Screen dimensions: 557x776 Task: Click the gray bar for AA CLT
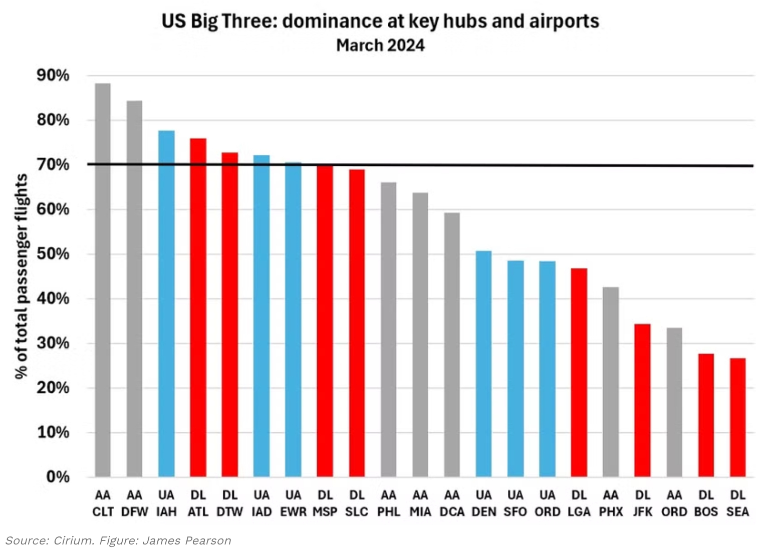tap(103, 281)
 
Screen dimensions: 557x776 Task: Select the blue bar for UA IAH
tap(166, 304)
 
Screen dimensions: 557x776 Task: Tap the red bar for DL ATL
tap(198, 308)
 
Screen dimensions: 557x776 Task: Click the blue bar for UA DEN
tap(483, 364)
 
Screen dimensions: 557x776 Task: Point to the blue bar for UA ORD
tap(547, 369)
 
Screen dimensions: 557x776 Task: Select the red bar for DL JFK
tap(642, 400)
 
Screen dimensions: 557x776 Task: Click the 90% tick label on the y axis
tap(53, 76)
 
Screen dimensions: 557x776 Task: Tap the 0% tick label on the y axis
tap(58, 477)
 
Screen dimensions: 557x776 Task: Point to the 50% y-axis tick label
tap(53, 254)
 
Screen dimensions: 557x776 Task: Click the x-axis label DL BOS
tap(706, 503)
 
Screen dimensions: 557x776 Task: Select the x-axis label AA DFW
tap(134, 503)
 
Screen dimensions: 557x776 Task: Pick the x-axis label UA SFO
tap(515, 503)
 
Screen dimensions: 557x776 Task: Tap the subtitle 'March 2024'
tap(380, 45)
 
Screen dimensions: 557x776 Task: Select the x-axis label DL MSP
tap(325, 503)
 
